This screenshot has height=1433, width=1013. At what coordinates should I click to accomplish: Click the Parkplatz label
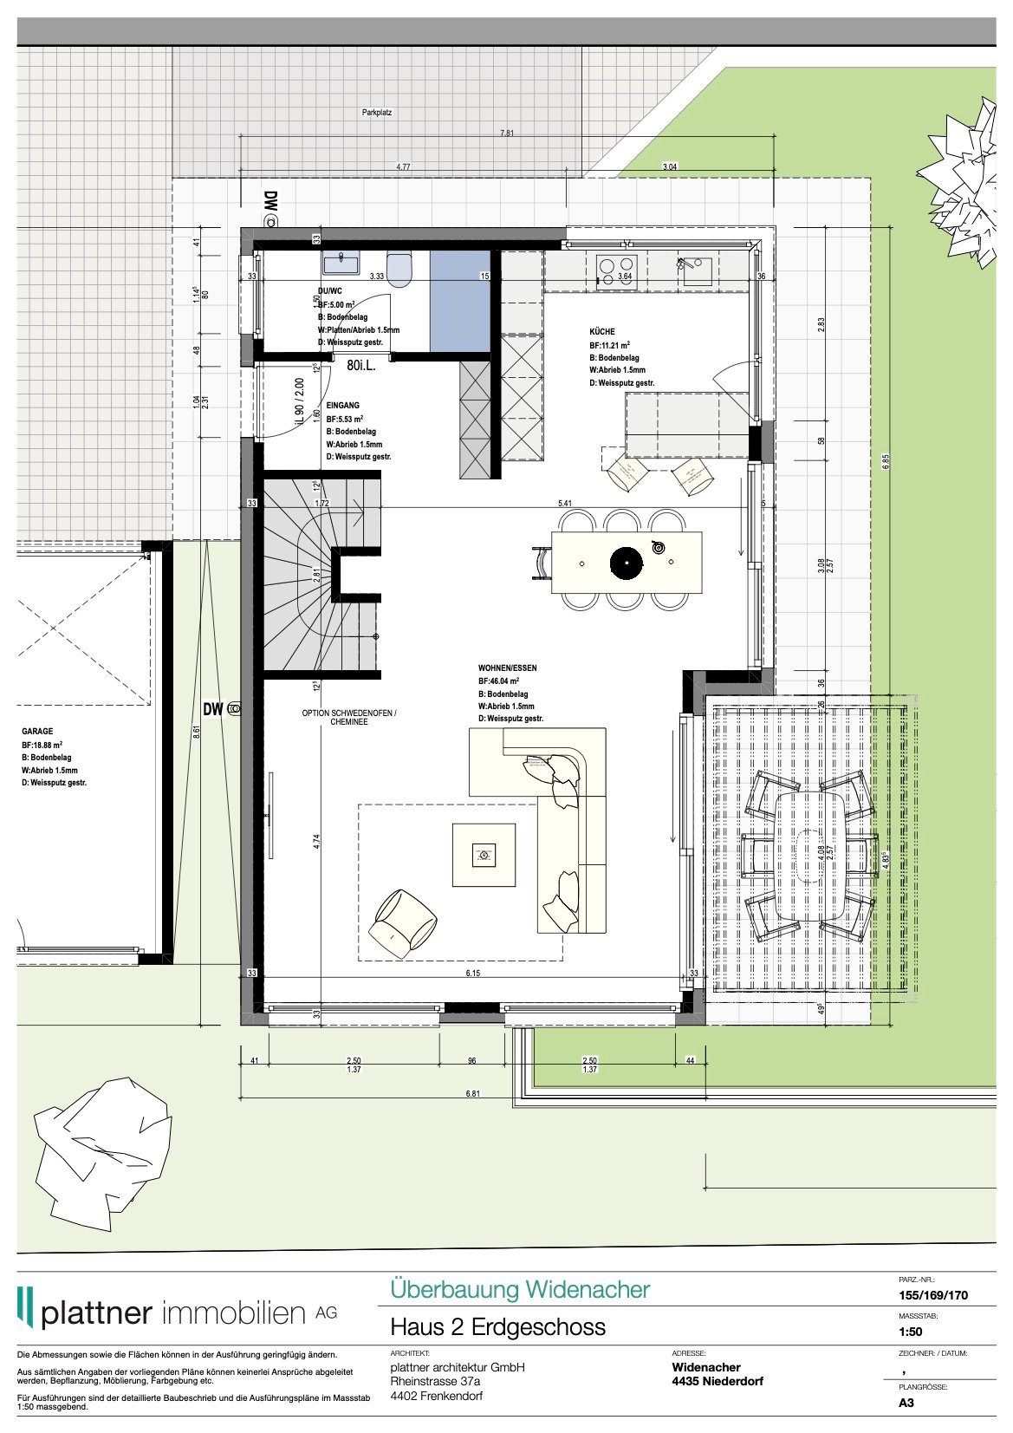(x=377, y=113)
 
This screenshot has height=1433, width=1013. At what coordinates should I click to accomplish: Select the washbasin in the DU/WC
(x=341, y=262)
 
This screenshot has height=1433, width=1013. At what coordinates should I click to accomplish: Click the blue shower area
(x=460, y=301)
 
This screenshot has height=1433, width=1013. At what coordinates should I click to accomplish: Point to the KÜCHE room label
(x=601, y=331)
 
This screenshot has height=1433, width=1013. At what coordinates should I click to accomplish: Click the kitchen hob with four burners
(x=616, y=270)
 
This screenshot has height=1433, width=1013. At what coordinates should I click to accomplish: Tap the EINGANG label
(x=342, y=405)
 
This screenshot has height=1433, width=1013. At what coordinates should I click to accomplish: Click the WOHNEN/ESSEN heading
(x=507, y=668)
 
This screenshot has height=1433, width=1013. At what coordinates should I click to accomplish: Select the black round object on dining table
(x=627, y=563)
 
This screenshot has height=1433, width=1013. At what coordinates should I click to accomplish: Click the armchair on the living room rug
(x=403, y=922)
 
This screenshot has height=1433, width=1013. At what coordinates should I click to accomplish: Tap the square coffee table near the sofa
(x=484, y=855)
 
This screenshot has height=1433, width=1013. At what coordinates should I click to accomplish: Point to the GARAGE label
(x=37, y=732)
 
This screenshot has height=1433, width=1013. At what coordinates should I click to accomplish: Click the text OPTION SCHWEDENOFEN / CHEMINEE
(x=348, y=717)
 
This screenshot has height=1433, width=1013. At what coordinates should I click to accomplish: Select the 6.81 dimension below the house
(x=472, y=1094)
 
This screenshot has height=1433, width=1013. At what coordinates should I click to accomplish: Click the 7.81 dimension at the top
(x=507, y=134)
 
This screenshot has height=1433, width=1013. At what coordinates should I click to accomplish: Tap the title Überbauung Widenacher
(x=519, y=1289)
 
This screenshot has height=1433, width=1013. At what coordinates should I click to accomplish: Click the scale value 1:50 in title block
(x=910, y=1332)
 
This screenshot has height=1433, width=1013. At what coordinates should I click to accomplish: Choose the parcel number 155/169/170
(x=932, y=1295)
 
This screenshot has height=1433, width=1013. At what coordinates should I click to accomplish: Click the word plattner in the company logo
(x=96, y=1312)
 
